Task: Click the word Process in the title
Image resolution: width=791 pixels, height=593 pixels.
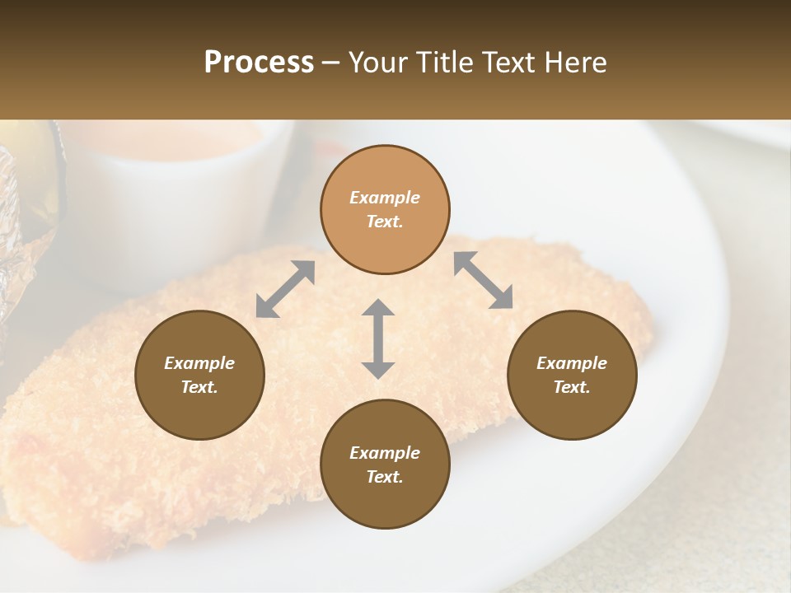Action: tap(259, 63)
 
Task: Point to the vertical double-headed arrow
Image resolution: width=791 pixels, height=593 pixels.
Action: tap(378, 339)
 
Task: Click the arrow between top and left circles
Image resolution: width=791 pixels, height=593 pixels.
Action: tap(285, 288)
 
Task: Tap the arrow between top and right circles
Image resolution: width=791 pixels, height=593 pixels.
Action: tap(484, 280)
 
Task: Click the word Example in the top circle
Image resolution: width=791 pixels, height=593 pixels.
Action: tap(385, 198)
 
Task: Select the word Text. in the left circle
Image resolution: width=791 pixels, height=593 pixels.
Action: tap(199, 387)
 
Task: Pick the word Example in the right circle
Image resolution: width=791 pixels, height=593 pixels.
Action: tap(572, 363)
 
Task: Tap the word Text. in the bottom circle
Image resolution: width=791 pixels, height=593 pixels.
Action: tap(385, 477)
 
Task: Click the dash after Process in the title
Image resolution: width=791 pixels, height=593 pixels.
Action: tap(330, 63)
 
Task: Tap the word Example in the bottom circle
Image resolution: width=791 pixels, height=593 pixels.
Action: tap(385, 453)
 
